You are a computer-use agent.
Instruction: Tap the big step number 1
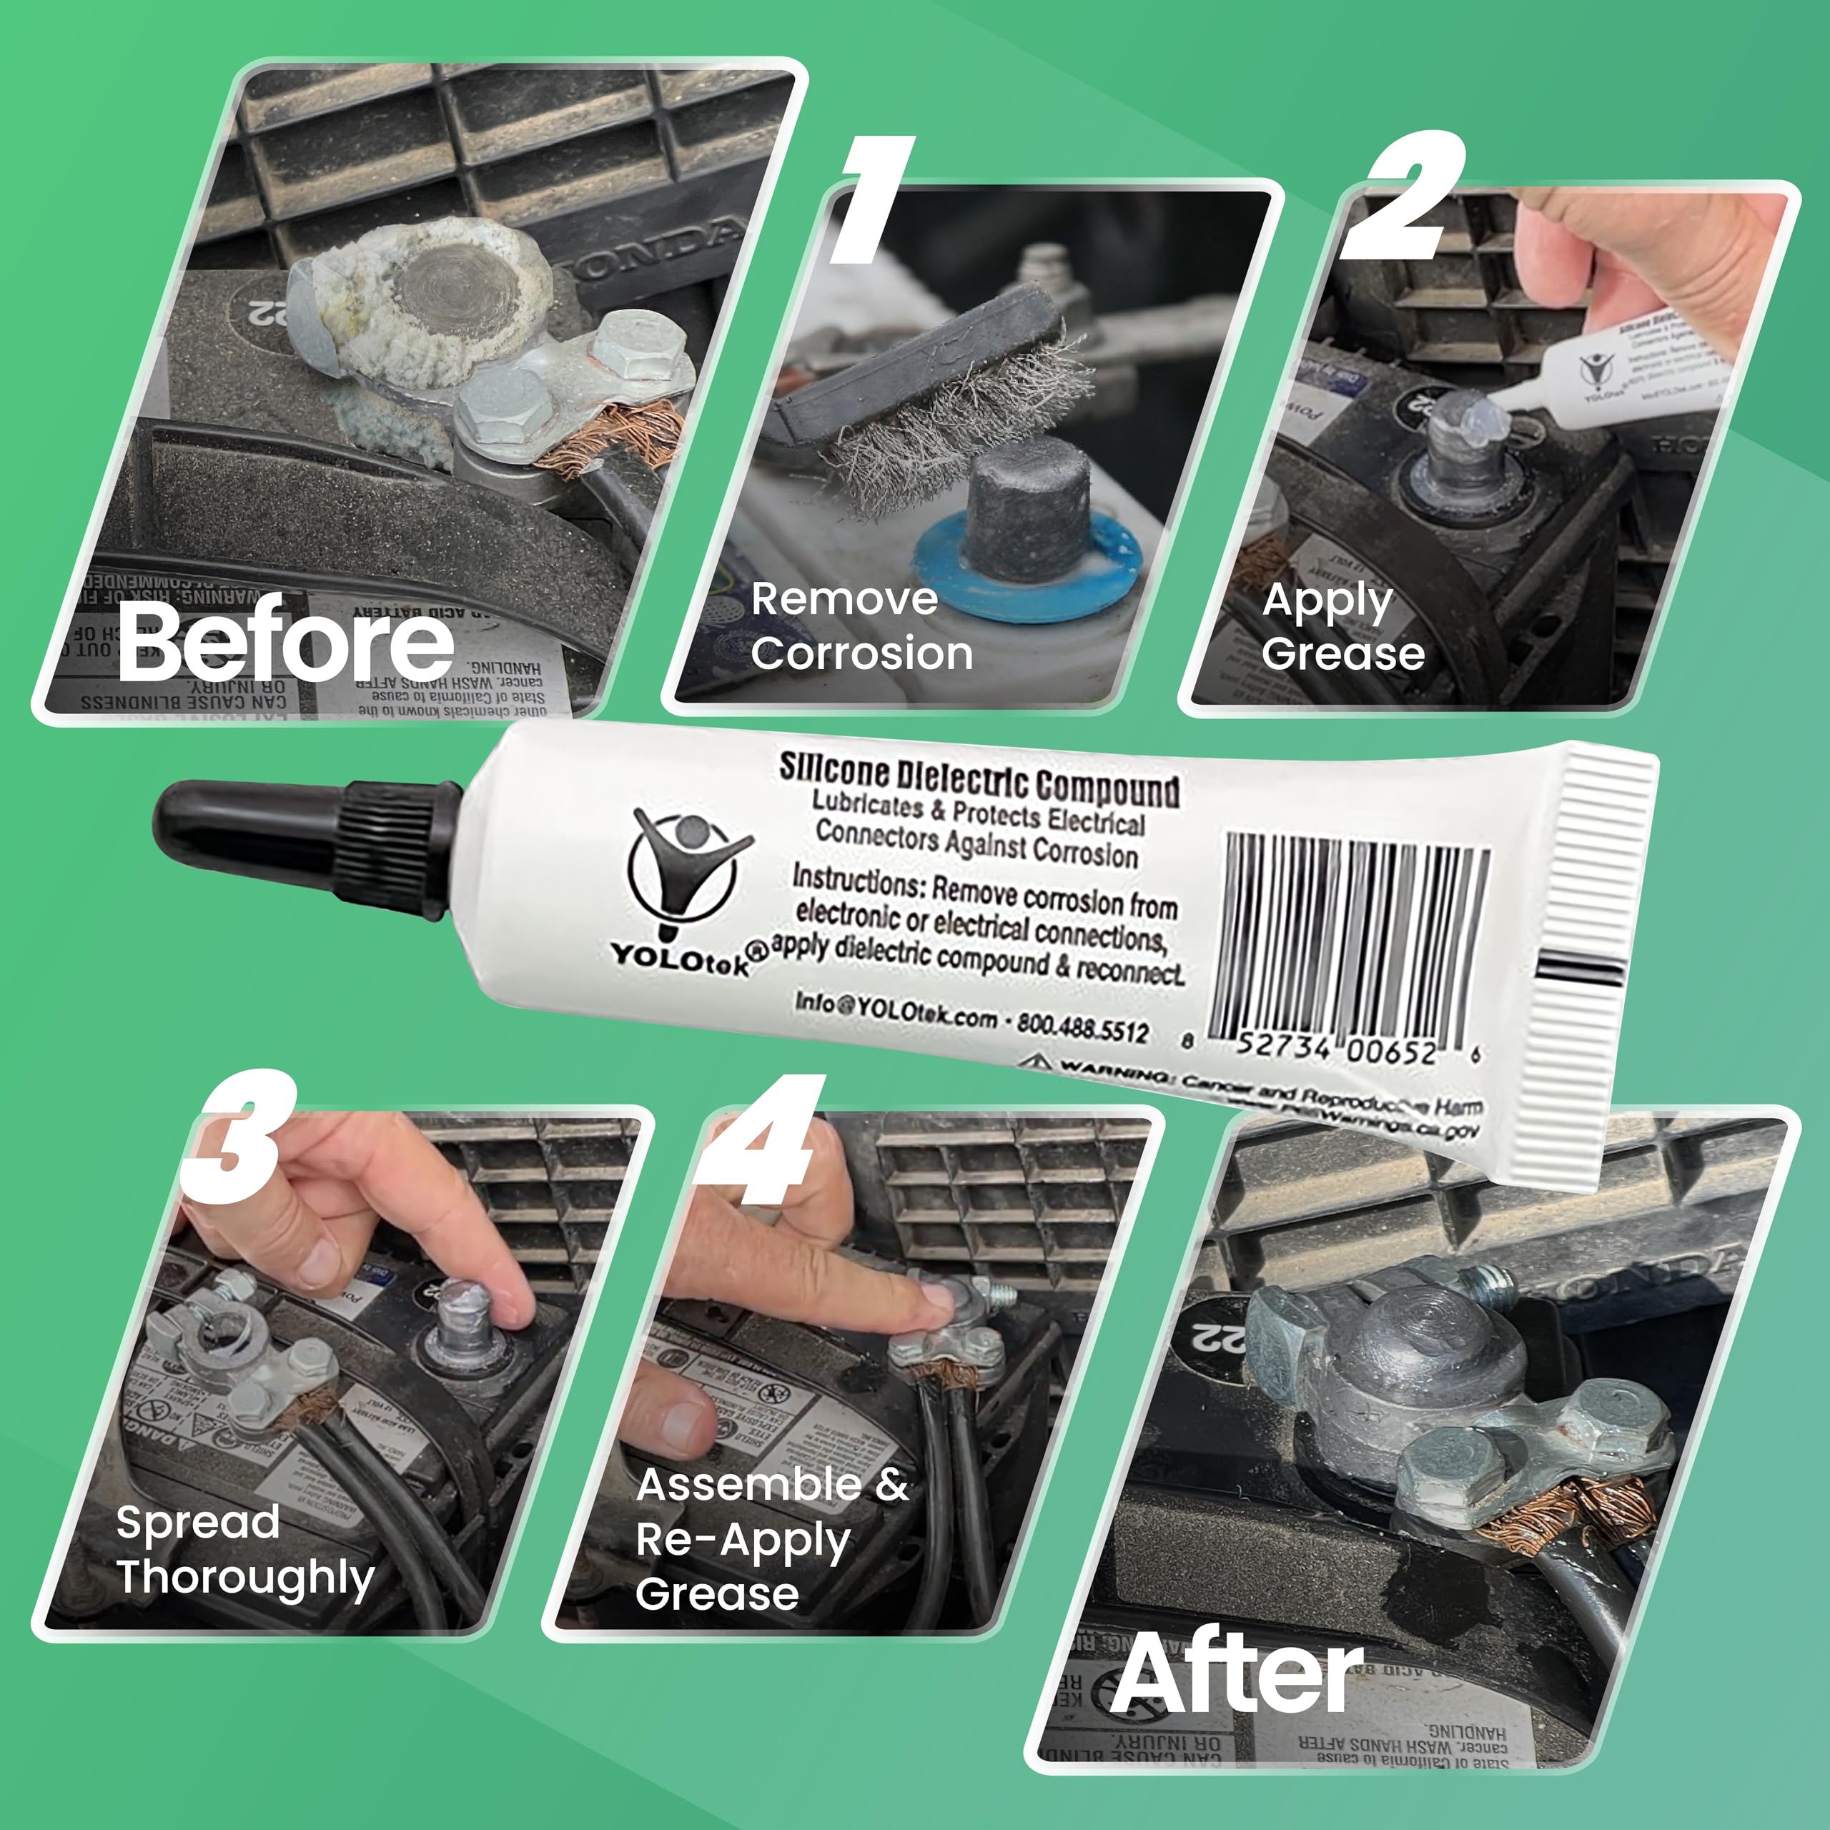872,201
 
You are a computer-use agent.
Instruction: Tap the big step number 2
1403,197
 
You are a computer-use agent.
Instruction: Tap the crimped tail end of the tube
1601,956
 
